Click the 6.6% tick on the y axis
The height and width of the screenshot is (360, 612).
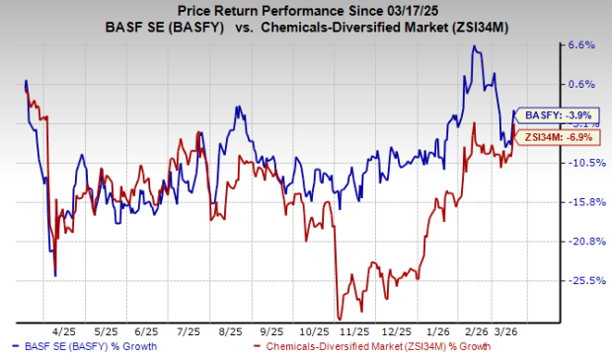coord(579,44)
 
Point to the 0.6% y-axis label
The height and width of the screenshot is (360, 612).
coord(579,84)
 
